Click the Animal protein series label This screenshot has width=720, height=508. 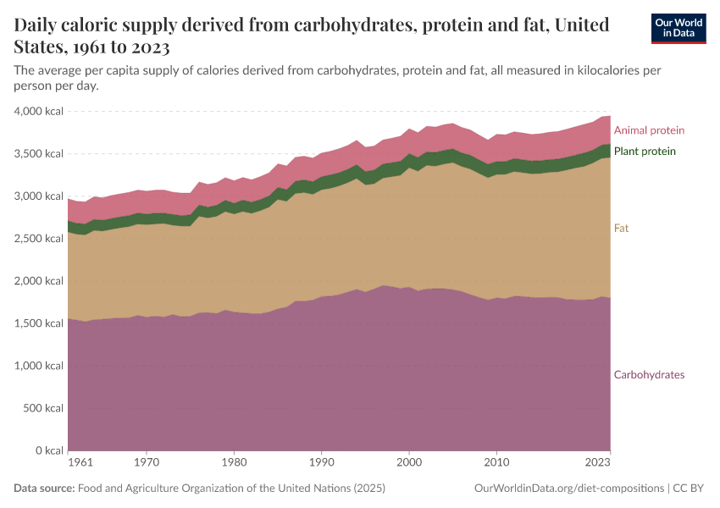point(649,130)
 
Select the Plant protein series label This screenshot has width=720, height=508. point(645,152)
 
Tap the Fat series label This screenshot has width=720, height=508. point(621,229)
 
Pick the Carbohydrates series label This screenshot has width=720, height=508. point(649,375)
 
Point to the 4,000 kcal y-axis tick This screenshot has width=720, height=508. point(40,112)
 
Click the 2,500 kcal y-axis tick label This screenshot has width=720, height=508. point(40,239)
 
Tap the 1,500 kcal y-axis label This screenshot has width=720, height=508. point(40,323)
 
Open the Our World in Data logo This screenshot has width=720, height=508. point(678,28)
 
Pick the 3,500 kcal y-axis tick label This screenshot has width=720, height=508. point(40,154)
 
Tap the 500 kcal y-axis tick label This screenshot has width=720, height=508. point(44,408)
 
